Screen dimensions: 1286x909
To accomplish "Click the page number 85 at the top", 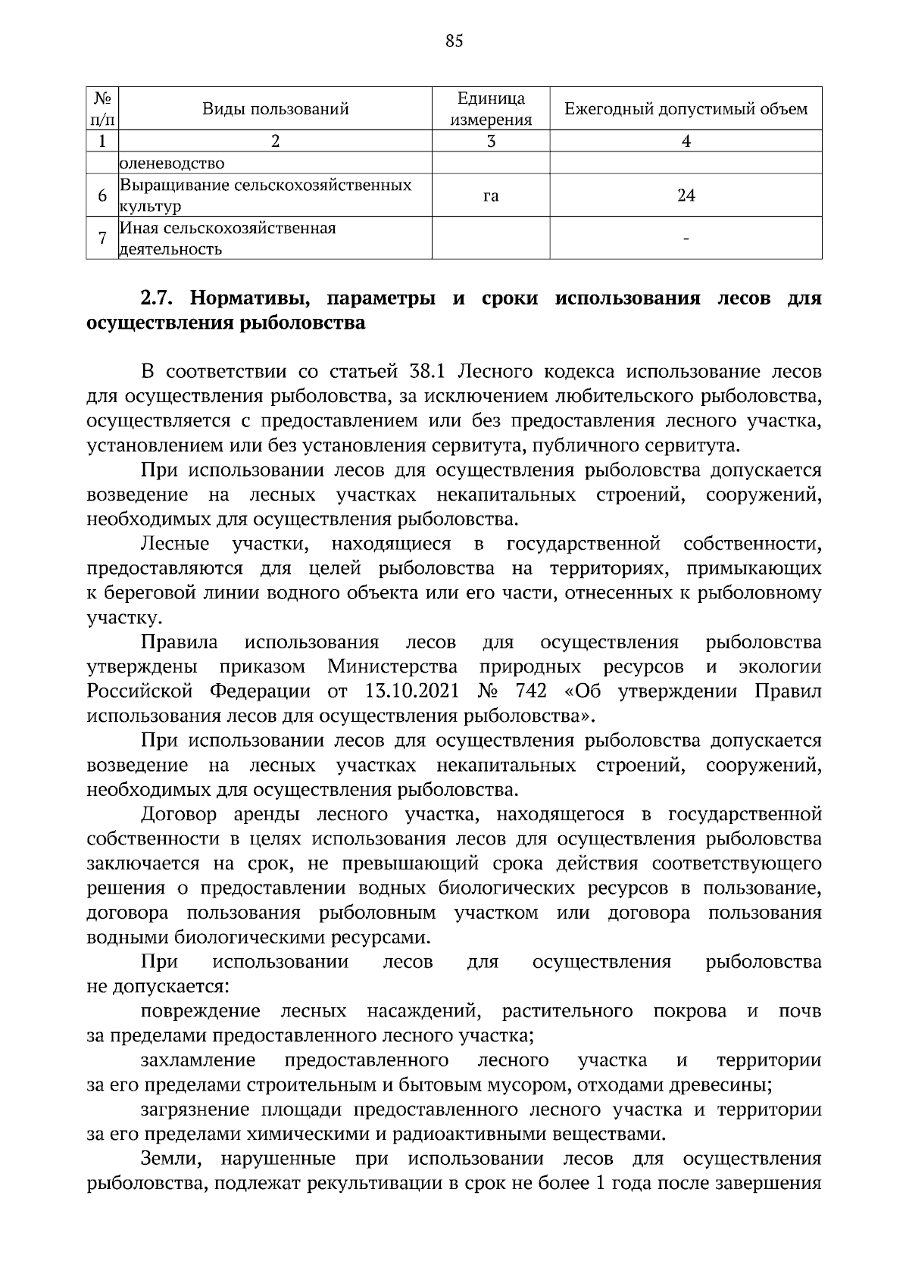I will [x=454, y=41].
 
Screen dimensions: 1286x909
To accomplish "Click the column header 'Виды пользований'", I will [x=275, y=109].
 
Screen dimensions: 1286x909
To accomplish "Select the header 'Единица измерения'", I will [x=491, y=109].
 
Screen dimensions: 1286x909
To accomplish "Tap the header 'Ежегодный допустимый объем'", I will [x=686, y=109].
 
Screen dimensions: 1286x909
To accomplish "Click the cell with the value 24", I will [x=686, y=195].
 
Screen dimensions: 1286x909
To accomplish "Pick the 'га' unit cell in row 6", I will [x=491, y=195].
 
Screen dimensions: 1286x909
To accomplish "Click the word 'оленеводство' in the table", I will [x=171, y=164].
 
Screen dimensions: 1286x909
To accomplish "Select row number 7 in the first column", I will [x=102, y=239].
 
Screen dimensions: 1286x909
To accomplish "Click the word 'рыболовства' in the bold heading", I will [x=301, y=323].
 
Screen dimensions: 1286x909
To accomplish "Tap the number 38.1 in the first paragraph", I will [x=430, y=372].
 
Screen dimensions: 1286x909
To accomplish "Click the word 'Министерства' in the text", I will [x=392, y=666].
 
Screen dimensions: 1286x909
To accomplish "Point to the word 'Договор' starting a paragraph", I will [x=179, y=815].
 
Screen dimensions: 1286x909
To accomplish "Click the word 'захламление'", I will [x=198, y=1060].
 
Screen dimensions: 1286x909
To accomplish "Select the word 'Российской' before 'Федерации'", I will [x=139, y=691].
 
